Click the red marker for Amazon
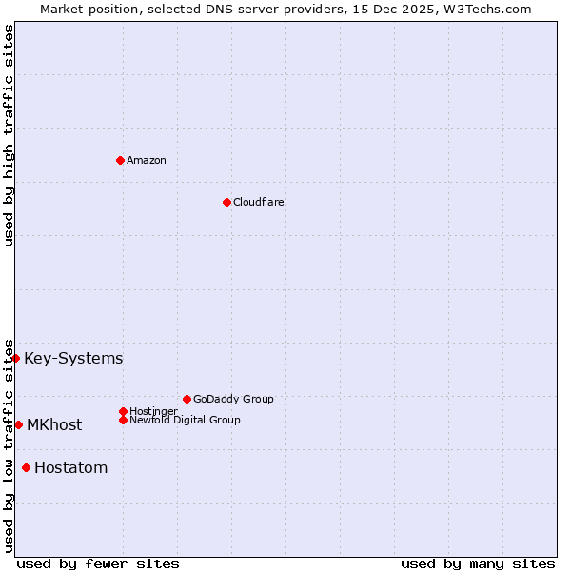click(x=120, y=160)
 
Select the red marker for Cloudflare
click(x=226, y=202)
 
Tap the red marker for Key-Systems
click(x=16, y=358)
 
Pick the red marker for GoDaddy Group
click(x=187, y=399)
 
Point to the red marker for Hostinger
click(x=123, y=411)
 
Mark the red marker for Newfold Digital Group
click(x=123, y=420)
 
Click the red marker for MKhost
click(x=18, y=424)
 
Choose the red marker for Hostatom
click(x=26, y=467)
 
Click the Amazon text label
click(x=147, y=160)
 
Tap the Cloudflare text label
click(x=259, y=202)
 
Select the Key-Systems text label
click(x=73, y=359)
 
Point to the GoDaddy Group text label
click(x=233, y=399)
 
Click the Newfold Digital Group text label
click(x=186, y=420)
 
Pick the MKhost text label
click(x=54, y=425)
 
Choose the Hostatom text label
click(x=70, y=468)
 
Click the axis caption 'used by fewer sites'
click(x=98, y=563)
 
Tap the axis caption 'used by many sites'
click(x=478, y=563)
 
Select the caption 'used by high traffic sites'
click(x=9, y=135)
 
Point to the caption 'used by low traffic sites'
click(x=9, y=445)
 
